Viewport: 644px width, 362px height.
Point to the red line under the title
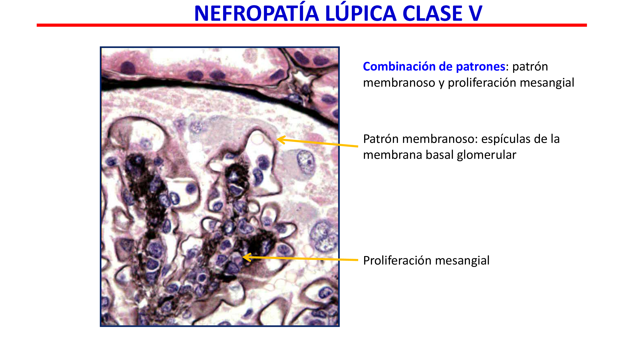[x=312, y=25]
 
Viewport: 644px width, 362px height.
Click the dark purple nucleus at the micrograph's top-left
[x=128, y=68]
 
